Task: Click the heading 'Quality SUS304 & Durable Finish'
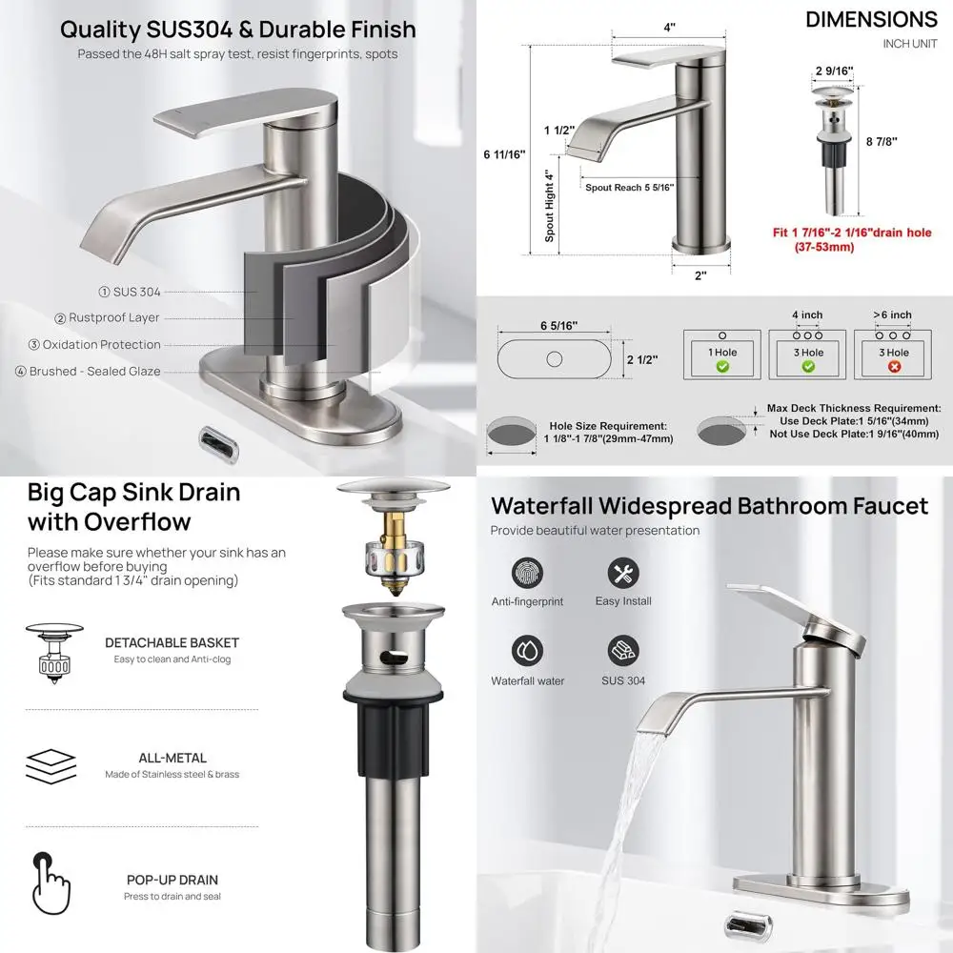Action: (x=238, y=29)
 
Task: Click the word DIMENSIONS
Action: (x=871, y=19)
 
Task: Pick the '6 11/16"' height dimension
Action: (x=504, y=155)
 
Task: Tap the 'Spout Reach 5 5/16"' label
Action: (x=629, y=188)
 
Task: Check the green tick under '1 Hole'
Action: (x=721, y=366)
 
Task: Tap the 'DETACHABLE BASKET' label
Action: (x=172, y=643)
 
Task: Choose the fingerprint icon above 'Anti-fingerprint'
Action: (x=527, y=573)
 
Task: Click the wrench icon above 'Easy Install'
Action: (x=622, y=573)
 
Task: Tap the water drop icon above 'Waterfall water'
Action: (x=527, y=651)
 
